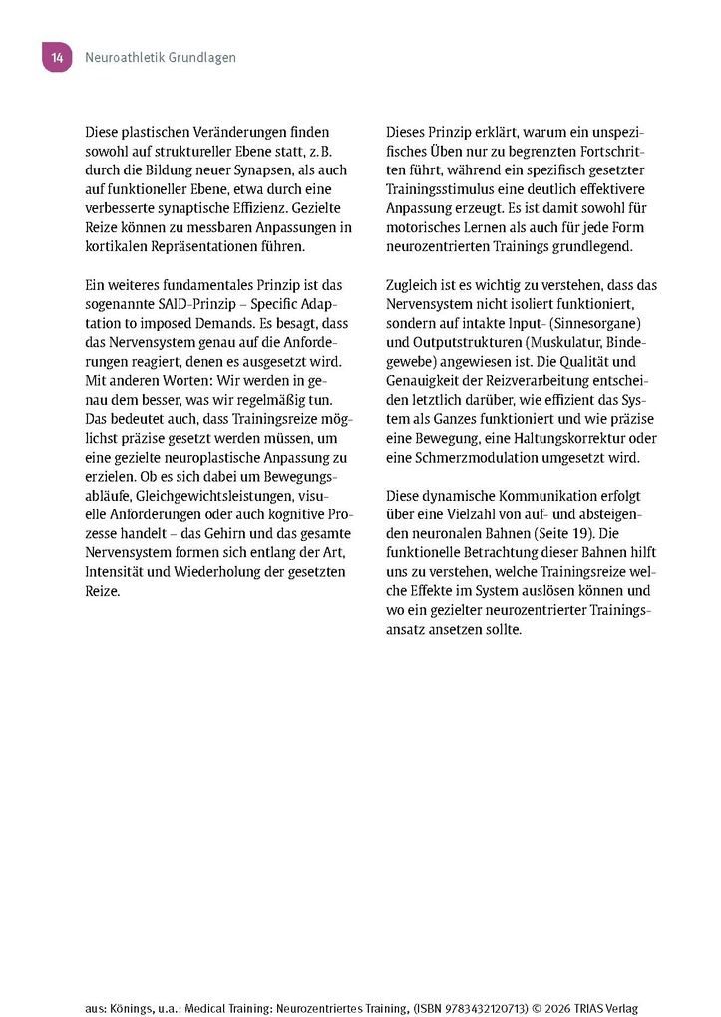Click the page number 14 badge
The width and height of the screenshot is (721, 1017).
[56, 58]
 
